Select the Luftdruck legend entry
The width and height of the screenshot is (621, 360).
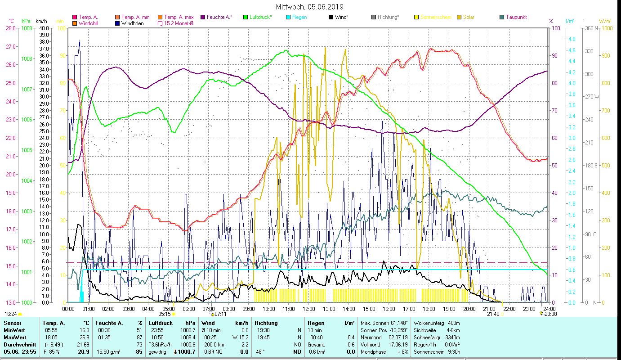click(x=260, y=17)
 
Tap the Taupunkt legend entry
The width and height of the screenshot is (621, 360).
click(x=516, y=17)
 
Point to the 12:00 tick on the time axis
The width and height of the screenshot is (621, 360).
click(x=309, y=309)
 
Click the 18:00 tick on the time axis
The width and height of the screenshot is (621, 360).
click(x=429, y=309)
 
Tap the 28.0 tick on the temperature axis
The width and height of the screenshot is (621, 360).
click(x=11, y=28)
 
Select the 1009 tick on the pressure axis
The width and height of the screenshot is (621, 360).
click(x=27, y=28)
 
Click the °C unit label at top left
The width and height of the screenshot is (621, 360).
click(x=11, y=21)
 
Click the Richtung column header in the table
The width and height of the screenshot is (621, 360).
click(x=266, y=323)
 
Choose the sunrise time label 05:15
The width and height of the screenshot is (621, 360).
click(x=165, y=314)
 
